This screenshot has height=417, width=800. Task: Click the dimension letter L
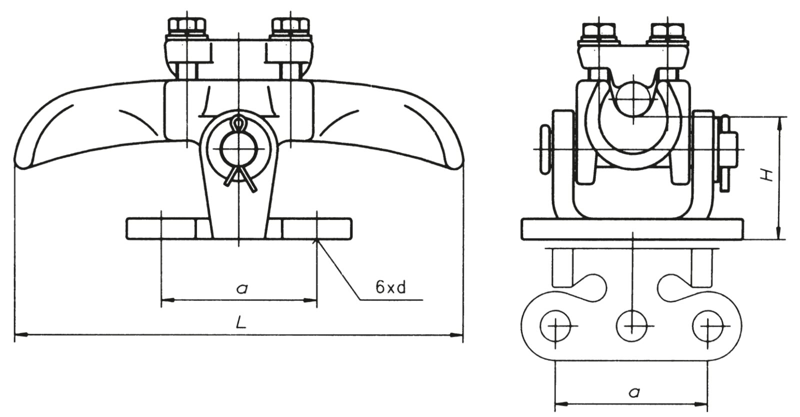click(x=241, y=323)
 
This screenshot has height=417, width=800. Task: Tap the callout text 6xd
click(x=390, y=287)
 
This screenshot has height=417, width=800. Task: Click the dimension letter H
click(x=765, y=175)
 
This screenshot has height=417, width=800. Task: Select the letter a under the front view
click(x=242, y=288)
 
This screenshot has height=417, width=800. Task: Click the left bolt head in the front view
click(x=187, y=24)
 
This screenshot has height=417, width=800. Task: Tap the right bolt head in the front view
click(x=290, y=24)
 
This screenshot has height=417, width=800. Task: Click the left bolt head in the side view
click(x=599, y=29)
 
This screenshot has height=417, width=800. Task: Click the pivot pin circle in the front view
click(x=239, y=149)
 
